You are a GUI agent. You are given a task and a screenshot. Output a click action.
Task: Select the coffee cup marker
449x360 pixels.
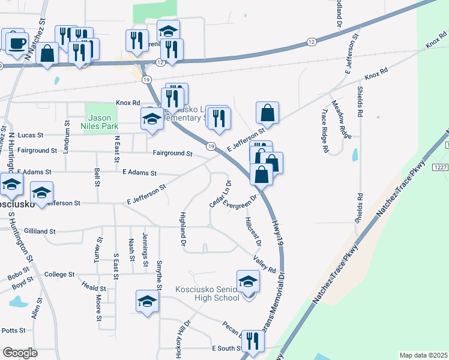(16, 42)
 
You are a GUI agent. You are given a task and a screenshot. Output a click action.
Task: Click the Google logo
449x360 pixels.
(20, 353)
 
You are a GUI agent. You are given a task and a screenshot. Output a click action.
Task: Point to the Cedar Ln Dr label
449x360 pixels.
(220, 194)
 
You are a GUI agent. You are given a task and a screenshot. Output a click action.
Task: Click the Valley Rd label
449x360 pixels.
(264, 262)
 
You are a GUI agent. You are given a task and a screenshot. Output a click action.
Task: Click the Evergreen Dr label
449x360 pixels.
(240, 202)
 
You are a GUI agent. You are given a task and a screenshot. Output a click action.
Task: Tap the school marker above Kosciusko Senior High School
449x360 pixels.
(248, 281)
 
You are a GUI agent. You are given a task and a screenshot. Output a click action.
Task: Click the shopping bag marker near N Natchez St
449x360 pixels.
(47, 53)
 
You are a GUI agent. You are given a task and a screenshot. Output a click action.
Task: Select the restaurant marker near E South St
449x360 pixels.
(253, 340)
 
